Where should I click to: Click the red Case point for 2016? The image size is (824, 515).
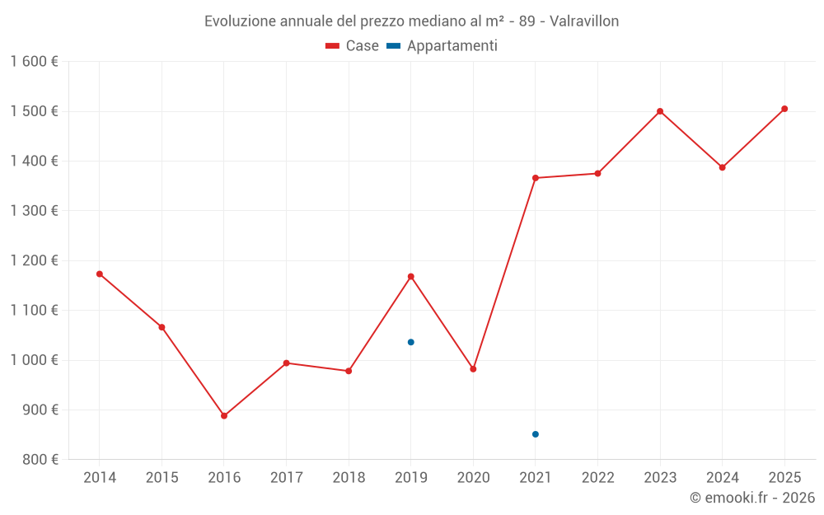[x=224, y=416]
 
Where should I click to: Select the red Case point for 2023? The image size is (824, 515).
[x=660, y=111]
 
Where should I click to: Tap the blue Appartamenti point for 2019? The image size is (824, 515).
[x=410, y=342]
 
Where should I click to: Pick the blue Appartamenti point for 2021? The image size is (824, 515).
[x=536, y=434]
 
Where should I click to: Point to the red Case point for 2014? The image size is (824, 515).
[x=100, y=274]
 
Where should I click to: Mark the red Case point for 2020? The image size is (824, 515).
[x=473, y=369]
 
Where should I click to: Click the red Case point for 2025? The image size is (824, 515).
[x=784, y=109]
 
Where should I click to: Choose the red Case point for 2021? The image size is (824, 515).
[x=536, y=178]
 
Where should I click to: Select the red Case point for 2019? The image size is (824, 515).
[x=410, y=276]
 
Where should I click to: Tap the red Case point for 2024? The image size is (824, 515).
[x=723, y=167]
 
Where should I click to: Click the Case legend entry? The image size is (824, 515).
[x=353, y=46]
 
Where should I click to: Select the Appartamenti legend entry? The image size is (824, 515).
[x=442, y=46]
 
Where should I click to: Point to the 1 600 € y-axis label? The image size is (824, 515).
[x=34, y=62]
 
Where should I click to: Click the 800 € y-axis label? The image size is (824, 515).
[x=39, y=460]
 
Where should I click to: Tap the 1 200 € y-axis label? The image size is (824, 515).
[x=34, y=260]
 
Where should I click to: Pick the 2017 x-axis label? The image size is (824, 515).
[x=286, y=478]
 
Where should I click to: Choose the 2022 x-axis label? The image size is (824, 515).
[x=597, y=478]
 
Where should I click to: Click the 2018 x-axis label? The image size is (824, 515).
[x=349, y=478]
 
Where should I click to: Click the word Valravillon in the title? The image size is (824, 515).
[x=583, y=21]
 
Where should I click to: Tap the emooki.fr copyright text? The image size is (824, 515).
[x=752, y=498]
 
